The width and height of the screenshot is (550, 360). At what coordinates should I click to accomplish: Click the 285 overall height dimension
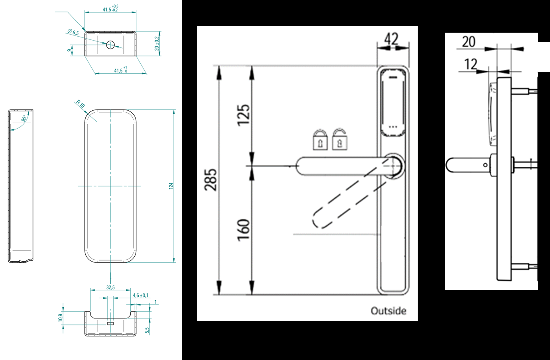(x=211, y=179)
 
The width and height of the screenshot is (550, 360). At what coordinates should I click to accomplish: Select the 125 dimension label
(x=244, y=115)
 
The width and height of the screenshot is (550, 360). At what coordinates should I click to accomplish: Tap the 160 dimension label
(x=244, y=229)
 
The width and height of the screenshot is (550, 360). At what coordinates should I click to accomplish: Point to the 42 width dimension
(x=391, y=39)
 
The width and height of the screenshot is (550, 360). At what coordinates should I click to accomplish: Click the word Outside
(x=388, y=311)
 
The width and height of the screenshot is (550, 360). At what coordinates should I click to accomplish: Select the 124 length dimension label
(x=171, y=186)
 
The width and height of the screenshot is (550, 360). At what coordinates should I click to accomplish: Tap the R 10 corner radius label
(x=81, y=105)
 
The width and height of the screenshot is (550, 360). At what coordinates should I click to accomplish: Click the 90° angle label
(x=24, y=119)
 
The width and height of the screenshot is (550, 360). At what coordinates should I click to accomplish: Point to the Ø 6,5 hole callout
(x=73, y=33)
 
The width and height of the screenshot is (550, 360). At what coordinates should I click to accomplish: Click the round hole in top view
(x=110, y=45)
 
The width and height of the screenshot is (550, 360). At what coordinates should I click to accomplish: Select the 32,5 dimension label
(x=110, y=287)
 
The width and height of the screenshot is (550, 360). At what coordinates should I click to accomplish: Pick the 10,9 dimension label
(x=60, y=318)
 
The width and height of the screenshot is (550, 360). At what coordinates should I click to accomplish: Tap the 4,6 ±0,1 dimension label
(x=140, y=295)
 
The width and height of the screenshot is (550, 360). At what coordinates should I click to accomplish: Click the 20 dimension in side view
(x=469, y=41)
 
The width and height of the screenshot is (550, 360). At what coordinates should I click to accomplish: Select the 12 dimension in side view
(x=470, y=64)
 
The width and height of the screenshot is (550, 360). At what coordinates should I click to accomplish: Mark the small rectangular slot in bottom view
(x=110, y=324)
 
